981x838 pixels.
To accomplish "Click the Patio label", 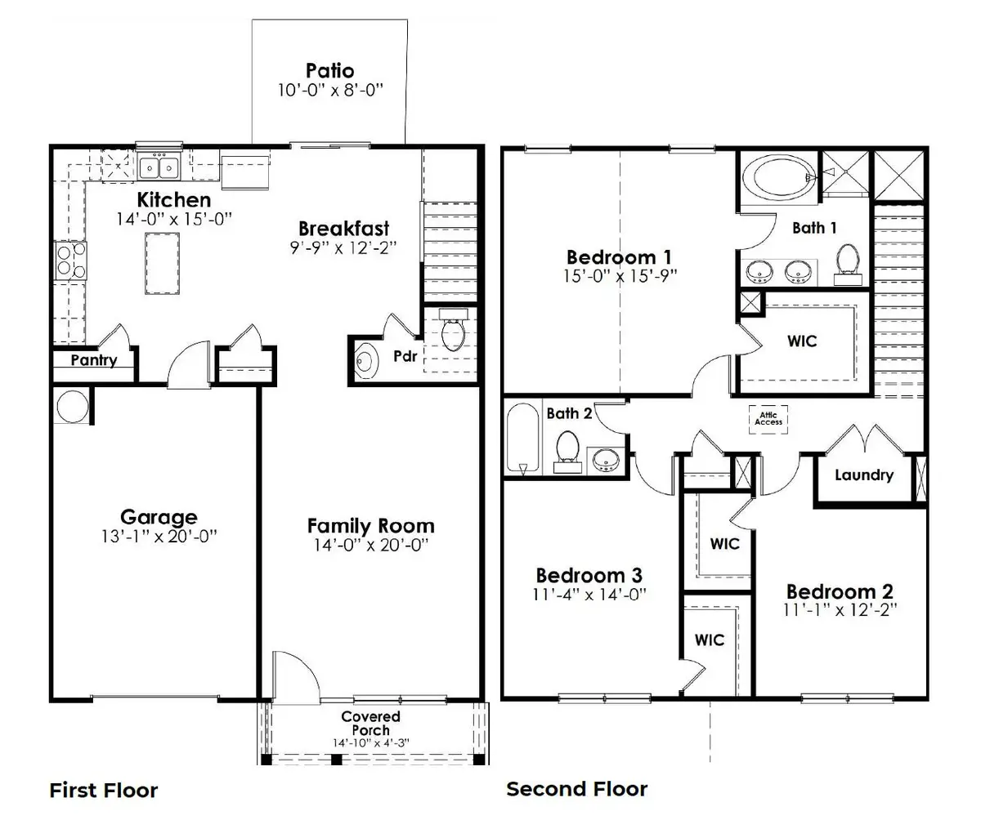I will (329, 70).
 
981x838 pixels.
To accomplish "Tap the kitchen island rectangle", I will (163, 263).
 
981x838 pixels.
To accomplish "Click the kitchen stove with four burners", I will (70, 261).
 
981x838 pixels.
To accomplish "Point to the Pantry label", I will (93, 360).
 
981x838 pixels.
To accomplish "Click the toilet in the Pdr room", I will (451, 332).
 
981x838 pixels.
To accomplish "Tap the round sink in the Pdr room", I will (365, 361).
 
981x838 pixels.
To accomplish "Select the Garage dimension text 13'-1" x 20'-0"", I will (159, 537).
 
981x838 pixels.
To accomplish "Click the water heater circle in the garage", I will (71, 406).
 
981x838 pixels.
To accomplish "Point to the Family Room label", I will (370, 526).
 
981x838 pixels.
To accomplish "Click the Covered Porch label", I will (370, 723).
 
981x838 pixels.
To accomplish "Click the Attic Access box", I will (768, 418).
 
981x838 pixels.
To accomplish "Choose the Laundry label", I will (863, 475).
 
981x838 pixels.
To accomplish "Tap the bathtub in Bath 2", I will (522, 439).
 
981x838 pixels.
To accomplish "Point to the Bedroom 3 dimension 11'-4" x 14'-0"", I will (589, 594).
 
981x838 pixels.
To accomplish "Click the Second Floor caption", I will (576, 789).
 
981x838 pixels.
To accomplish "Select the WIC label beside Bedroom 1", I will (802, 341).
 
